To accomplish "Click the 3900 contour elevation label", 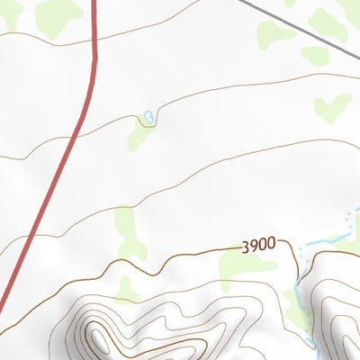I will click(257, 245).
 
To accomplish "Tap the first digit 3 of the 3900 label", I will click(245, 246).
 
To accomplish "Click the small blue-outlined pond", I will click(147, 116).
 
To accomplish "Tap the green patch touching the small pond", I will click(139, 135).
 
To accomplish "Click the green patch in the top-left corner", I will click(59, 14).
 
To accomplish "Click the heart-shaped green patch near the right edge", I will click(332, 107).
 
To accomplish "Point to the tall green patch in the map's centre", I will click(129, 229).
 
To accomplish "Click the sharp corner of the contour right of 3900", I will click(293, 248).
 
